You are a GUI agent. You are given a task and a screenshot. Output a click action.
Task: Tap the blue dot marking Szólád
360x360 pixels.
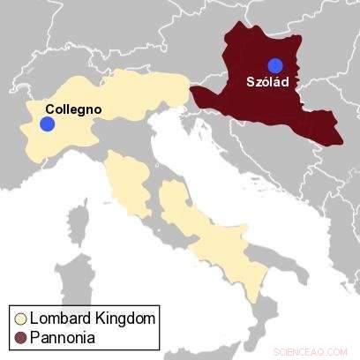tap(276, 64)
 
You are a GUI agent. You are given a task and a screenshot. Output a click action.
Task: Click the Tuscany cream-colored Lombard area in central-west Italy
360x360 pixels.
tap(128, 185)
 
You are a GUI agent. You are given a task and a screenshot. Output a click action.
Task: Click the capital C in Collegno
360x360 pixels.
tap(49, 109)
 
